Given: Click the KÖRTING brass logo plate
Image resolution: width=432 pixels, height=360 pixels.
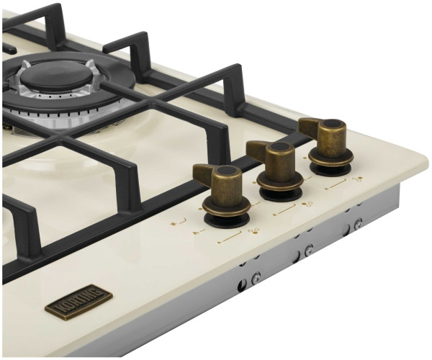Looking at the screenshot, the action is [x=78, y=302].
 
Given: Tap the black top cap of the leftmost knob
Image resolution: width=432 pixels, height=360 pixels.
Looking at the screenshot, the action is [x=229, y=172].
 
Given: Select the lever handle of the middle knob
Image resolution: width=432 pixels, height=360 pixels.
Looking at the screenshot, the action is [x=256, y=150].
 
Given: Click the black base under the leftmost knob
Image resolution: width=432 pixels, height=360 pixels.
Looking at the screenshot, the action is [x=227, y=220].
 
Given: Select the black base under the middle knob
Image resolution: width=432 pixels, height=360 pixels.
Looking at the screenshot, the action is [x=281, y=194].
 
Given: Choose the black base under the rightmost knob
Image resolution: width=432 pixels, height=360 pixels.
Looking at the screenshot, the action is [x=330, y=170].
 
